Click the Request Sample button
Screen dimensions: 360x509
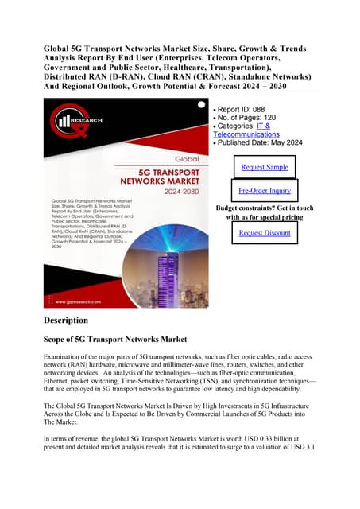click(265, 168)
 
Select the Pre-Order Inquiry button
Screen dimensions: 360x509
click(265, 191)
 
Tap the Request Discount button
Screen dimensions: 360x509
click(265, 233)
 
